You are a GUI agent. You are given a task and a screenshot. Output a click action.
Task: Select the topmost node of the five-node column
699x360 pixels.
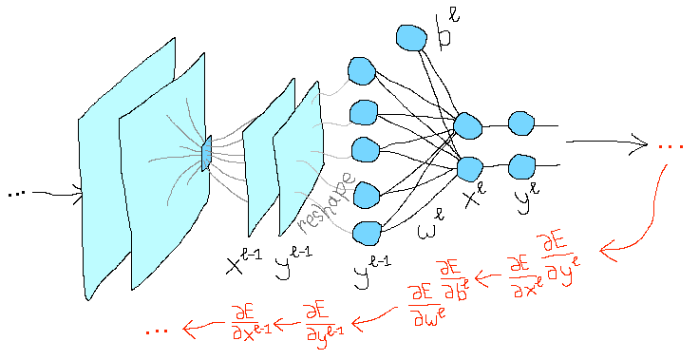coord(362,70)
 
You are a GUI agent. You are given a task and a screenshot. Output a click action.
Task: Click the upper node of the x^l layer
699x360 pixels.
coord(468,125)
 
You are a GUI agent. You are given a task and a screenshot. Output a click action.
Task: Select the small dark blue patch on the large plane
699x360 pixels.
coord(206,153)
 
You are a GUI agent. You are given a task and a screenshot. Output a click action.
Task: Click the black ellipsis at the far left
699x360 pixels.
coord(16,195)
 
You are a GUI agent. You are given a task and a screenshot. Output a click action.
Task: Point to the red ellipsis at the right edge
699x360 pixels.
coord(671,146)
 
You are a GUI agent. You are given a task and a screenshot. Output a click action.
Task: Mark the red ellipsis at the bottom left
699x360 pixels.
coord(159,331)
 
